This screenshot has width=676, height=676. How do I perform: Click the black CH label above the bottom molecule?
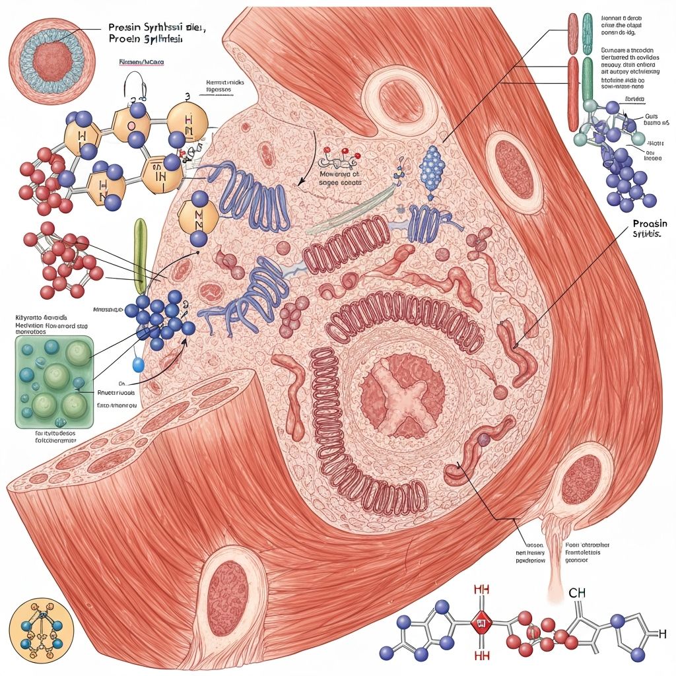pyautogui.click(x=577, y=593)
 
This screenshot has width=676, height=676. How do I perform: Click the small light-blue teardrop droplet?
pyautogui.click(x=137, y=364)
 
